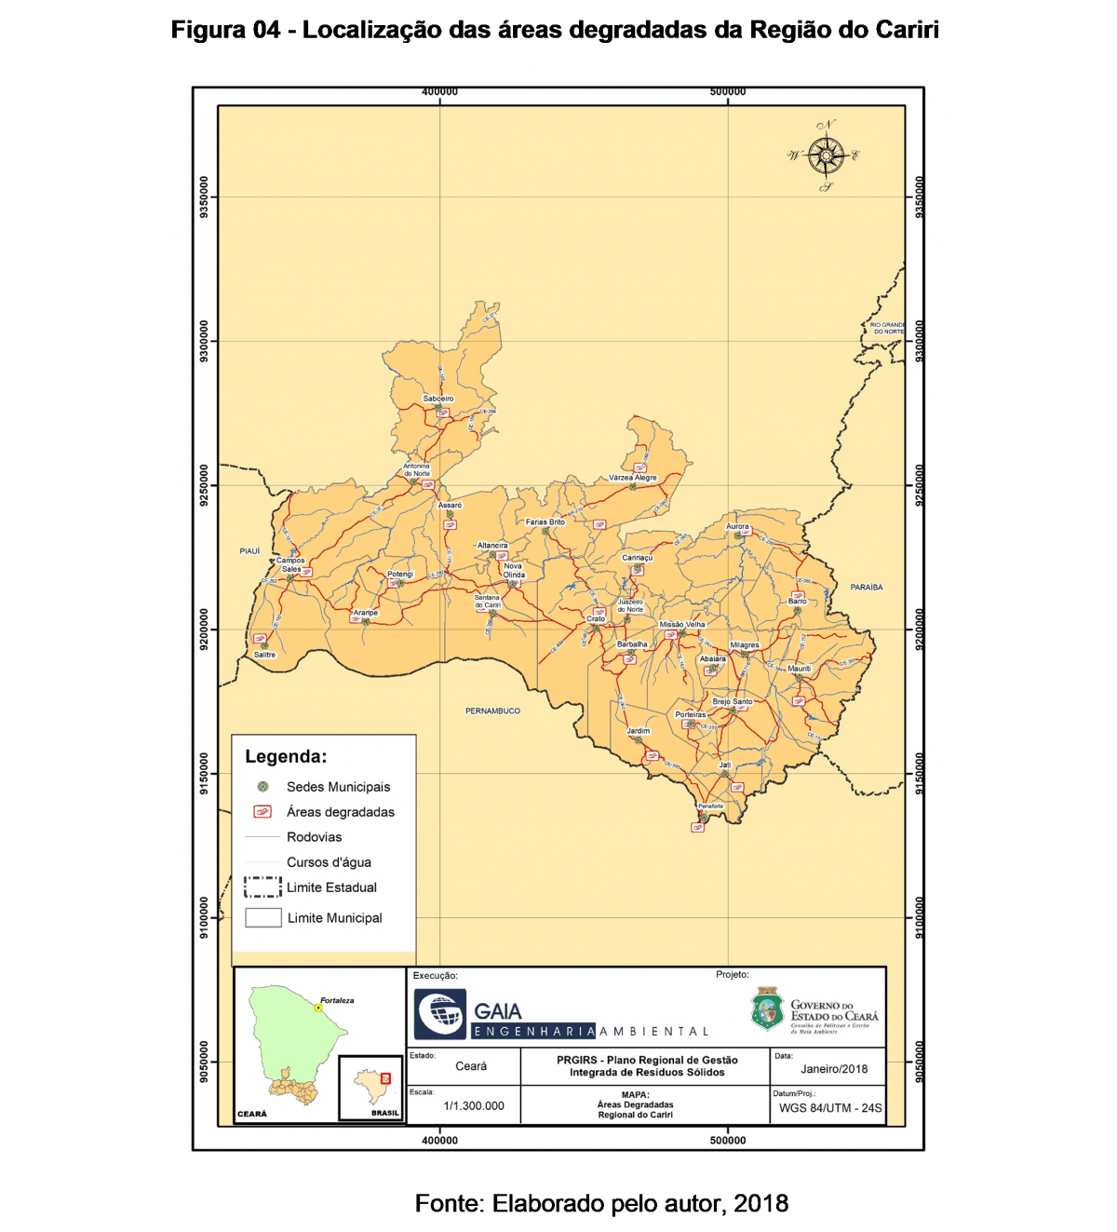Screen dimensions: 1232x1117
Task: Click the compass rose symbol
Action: point(826,156)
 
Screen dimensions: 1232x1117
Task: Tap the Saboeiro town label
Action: point(437,399)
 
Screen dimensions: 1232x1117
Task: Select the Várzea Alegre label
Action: point(633,478)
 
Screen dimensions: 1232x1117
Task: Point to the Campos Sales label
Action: point(290,564)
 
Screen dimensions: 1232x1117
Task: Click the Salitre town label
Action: point(264,655)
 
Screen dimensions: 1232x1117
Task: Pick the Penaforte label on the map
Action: point(710,806)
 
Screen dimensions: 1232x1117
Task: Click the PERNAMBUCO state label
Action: point(492,711)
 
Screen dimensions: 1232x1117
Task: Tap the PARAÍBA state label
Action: point(866,588)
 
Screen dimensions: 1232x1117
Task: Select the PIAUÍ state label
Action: point(249,551)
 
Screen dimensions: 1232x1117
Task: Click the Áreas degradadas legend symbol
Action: point(262,812)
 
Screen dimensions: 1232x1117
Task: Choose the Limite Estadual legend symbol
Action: point(262,887)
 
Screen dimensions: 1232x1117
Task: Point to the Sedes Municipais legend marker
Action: point(262,787)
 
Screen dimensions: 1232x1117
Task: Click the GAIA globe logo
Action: point(440,1014)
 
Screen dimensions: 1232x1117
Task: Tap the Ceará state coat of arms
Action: point(767,1009)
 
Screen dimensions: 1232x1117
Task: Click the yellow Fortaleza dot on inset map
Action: point(318,1008)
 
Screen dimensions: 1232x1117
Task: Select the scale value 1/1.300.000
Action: point(474,1106)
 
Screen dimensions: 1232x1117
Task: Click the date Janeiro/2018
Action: point(834,1068)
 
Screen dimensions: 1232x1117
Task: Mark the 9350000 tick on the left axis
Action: point(204,197)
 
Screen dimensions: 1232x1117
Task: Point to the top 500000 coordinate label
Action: point(727,91)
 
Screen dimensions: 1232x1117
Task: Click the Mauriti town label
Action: point(799,669)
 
